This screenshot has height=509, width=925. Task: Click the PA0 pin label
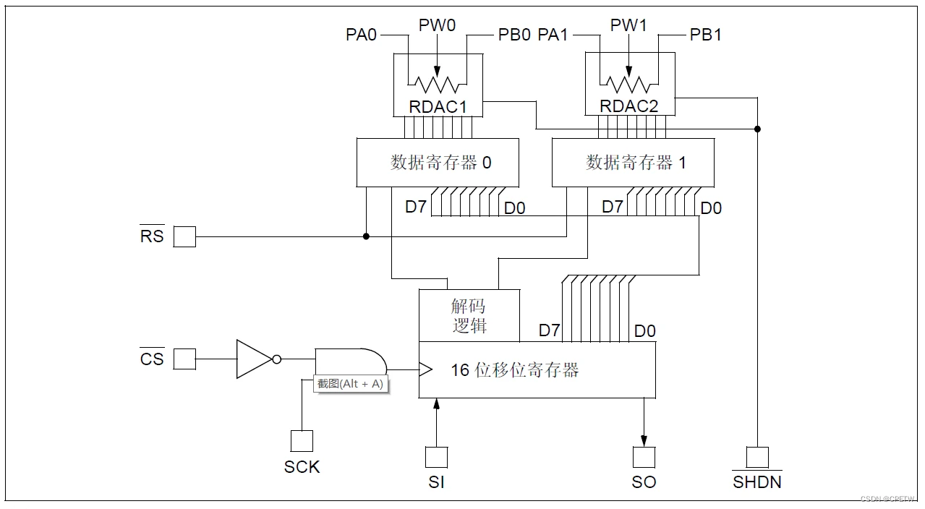coord(362,35)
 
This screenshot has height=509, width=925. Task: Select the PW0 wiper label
coord(437,25)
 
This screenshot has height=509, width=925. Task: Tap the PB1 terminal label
coord(705,35)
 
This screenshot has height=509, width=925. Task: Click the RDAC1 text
coord(438,107)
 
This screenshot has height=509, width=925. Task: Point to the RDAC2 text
coord(628,106)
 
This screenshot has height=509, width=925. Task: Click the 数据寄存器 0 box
coord(438,162)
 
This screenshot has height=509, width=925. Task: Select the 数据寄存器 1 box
coord(633,162)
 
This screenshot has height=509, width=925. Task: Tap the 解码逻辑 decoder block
coord(469,316)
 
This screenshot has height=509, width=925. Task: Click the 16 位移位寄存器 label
coord(514,370)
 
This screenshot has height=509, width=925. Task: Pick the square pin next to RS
coord(184,236)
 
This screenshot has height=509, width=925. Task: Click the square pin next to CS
coord(184,359)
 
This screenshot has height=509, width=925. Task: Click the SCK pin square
coord(302,441)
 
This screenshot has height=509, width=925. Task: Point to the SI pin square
coord(436,457)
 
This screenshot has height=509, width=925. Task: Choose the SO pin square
coord(644,457)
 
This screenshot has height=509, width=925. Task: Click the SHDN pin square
coord(757,457)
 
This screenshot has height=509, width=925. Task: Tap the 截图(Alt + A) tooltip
coord(351,384)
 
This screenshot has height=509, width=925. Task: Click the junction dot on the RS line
coord(366,236)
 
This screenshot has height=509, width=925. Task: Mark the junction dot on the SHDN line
coord(757,129)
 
